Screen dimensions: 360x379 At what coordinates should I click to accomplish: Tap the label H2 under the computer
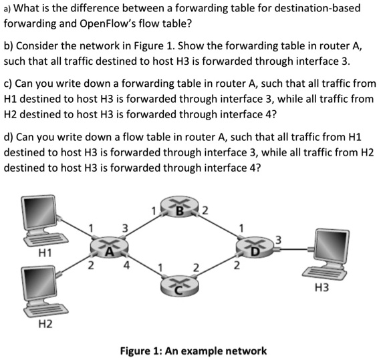(44, 325)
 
